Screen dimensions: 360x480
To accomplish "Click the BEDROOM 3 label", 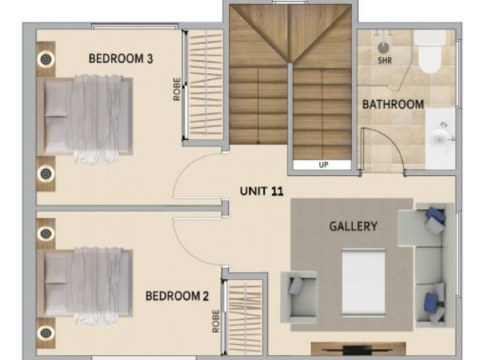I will (121, 59).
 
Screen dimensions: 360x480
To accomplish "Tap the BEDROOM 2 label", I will (178, 296).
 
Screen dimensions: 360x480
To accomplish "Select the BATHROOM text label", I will (393, 104).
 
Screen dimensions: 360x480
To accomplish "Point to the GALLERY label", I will (353, 226).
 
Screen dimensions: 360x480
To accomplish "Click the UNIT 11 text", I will (262, 191).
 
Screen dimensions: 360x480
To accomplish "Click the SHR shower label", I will (383, 60).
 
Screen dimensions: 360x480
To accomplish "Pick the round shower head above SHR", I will (383, 45).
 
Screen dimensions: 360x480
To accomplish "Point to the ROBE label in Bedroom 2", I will (215, 320).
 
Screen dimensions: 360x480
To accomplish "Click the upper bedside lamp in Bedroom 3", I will (46, 59).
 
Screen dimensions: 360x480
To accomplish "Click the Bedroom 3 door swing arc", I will (186, 174).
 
